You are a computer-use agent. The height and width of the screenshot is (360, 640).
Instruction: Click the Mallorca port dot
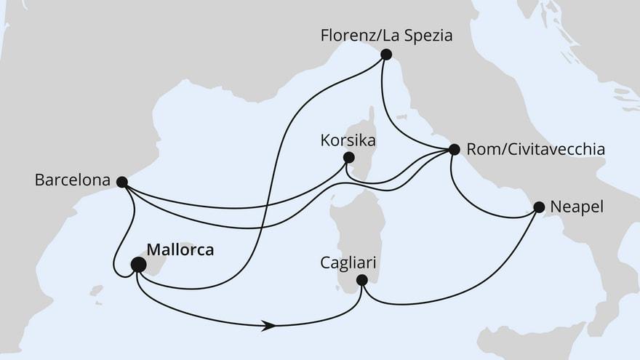[x=137, y=265]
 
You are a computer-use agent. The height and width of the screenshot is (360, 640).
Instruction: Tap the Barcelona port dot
[x=122, y=182]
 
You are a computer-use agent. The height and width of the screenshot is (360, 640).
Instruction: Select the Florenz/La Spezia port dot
[x=386, y=54]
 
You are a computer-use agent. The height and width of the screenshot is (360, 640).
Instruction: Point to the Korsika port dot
[x=348, y=157]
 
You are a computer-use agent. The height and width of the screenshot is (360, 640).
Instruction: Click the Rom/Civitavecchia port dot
[x=455, y=150]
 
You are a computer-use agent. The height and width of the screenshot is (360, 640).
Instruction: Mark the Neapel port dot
[x=539, y=207]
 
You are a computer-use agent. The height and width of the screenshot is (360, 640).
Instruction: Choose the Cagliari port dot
[x=361, y=279]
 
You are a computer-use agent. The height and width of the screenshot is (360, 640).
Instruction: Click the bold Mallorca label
[x=180, y=250]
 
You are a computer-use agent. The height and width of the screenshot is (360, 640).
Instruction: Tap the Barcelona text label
[x=72, y=180]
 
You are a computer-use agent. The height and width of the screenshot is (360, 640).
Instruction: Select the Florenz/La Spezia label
[x=386, y=34]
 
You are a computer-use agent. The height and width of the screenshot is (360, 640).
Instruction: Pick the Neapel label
[x=578, y=207]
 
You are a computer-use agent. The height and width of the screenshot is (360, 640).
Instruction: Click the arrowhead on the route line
[x=270, y=327]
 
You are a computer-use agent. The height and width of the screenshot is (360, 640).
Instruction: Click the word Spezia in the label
[x=428, y=34]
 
